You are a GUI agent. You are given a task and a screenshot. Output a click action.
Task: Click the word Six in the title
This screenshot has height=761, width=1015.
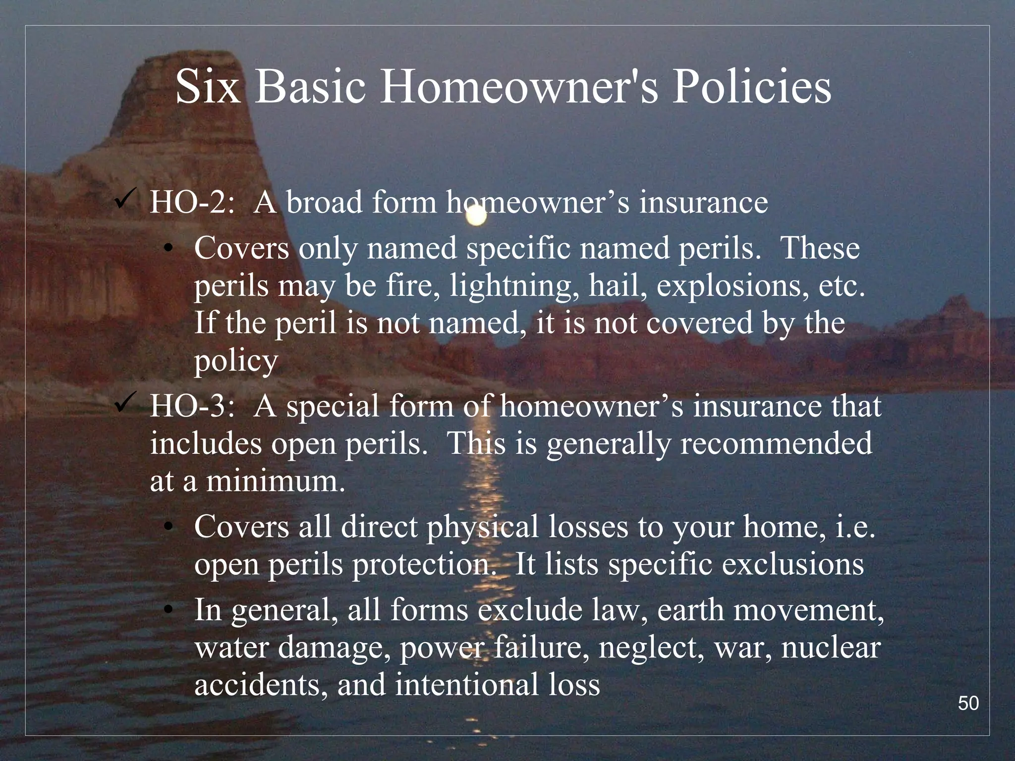[x=208, y=87]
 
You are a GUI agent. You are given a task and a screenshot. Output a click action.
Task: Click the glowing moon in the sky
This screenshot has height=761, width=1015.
[x=476, y=216]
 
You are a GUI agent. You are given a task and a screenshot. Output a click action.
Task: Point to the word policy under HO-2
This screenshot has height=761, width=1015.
[x=235, y=362]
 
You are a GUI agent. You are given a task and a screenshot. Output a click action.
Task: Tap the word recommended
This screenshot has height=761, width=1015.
[x=776, y=443]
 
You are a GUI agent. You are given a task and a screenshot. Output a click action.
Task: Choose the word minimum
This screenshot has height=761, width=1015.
[x=275, y=481]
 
